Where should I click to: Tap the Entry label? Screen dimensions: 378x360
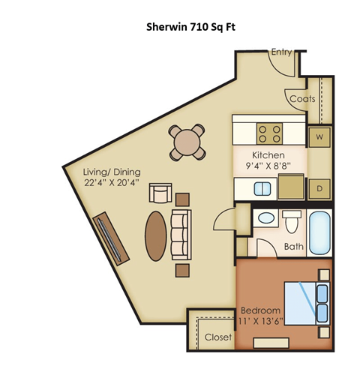(x=281, y=52)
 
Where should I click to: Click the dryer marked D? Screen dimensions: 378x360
(x=318, y=187)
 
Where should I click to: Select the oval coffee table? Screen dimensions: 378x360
(x=156, y=233)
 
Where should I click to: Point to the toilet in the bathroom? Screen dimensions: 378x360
(x=292, y=221)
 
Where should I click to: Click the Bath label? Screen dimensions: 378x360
(x=294, y=247)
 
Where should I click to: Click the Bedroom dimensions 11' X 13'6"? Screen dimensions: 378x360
(x=260, y=316)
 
